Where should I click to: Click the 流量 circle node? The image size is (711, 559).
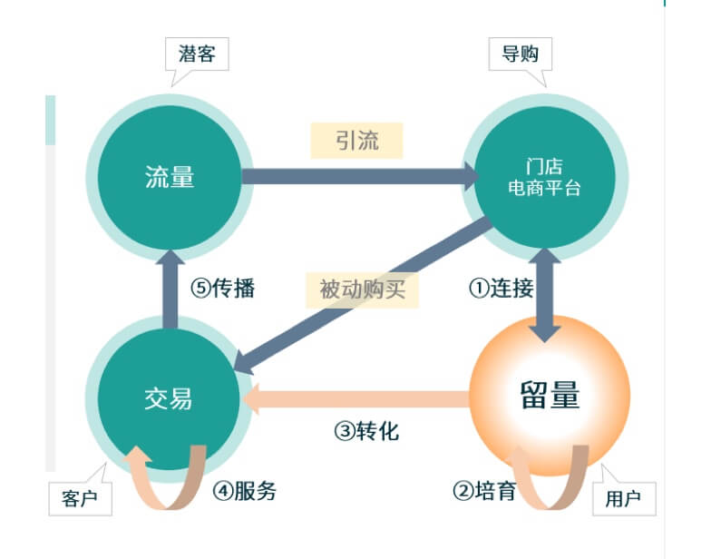click(169, 176)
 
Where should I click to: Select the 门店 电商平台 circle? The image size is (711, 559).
click(544, 176)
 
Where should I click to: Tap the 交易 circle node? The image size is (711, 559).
click(169, 397)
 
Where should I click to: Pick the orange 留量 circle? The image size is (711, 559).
click(550, 397)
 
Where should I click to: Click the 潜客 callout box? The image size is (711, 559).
click(196, 54)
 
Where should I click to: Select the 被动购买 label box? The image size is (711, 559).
click(362, 289)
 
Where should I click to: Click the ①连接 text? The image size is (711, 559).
click(501, 289)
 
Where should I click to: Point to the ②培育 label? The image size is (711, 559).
click(485, 491)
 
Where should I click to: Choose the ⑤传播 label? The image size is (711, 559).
click(223, 289)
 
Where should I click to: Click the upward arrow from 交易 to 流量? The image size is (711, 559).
click(170, 287)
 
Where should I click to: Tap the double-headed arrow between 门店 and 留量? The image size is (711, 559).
click(544, 295)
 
